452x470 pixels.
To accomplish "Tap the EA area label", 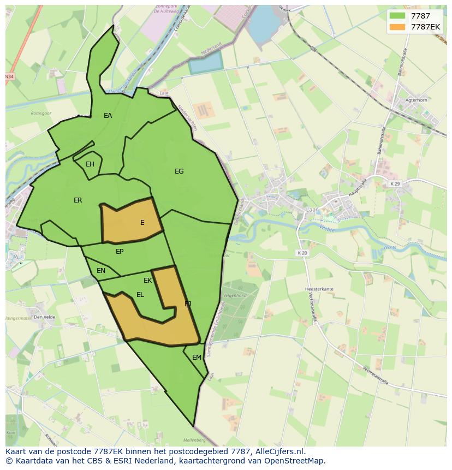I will (x=108, y=116).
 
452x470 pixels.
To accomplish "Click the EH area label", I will (x=90, y=164).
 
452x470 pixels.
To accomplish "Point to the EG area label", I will (x=179, y=171).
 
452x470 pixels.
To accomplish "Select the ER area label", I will (x=78, y=200).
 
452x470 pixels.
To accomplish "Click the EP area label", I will (x=120, y=252).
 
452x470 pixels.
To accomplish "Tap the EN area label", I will (x=101, y=271).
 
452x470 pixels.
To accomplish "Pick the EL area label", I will (x=140, y=295).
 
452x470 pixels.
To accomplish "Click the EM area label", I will (x=197, y=358).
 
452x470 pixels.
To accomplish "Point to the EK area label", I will (x=147, y=281).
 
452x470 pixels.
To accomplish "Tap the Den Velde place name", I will (x=45, y=317).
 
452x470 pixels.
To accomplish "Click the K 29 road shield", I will (x=395, y=184).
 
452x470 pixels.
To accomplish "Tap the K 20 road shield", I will (x=302, y=253).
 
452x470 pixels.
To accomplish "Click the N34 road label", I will (x=9, y=77).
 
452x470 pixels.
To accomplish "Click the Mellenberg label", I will (x=194, y=440).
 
